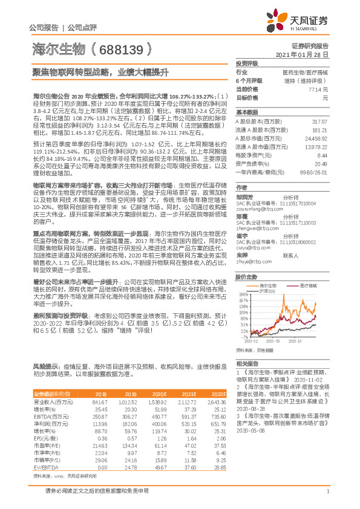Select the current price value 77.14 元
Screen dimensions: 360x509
[318, 88]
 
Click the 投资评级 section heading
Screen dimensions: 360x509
[247, 62]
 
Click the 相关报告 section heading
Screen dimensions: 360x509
[247, 363]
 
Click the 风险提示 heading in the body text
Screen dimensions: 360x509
[44, 366]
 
